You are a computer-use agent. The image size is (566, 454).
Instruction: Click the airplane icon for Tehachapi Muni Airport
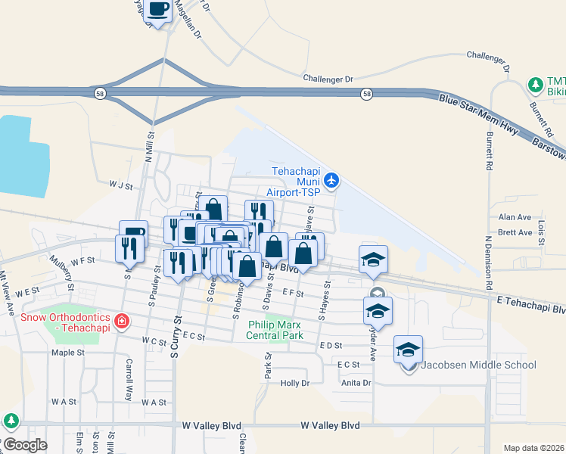[331, 180]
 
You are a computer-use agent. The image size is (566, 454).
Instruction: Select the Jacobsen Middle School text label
[478, 365]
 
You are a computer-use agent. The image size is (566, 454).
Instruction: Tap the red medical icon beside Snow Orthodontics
[121, 322]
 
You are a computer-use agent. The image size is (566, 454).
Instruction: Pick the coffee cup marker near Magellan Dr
[159, 10]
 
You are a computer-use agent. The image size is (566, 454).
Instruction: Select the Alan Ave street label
[515, 217]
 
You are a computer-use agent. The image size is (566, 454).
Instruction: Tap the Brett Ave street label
[515, 232]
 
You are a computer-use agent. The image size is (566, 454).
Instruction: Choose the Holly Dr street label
[295, 383]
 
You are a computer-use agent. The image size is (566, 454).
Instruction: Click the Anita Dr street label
[356, 383]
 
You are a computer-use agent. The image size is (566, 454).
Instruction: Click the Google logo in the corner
[25, 445]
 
